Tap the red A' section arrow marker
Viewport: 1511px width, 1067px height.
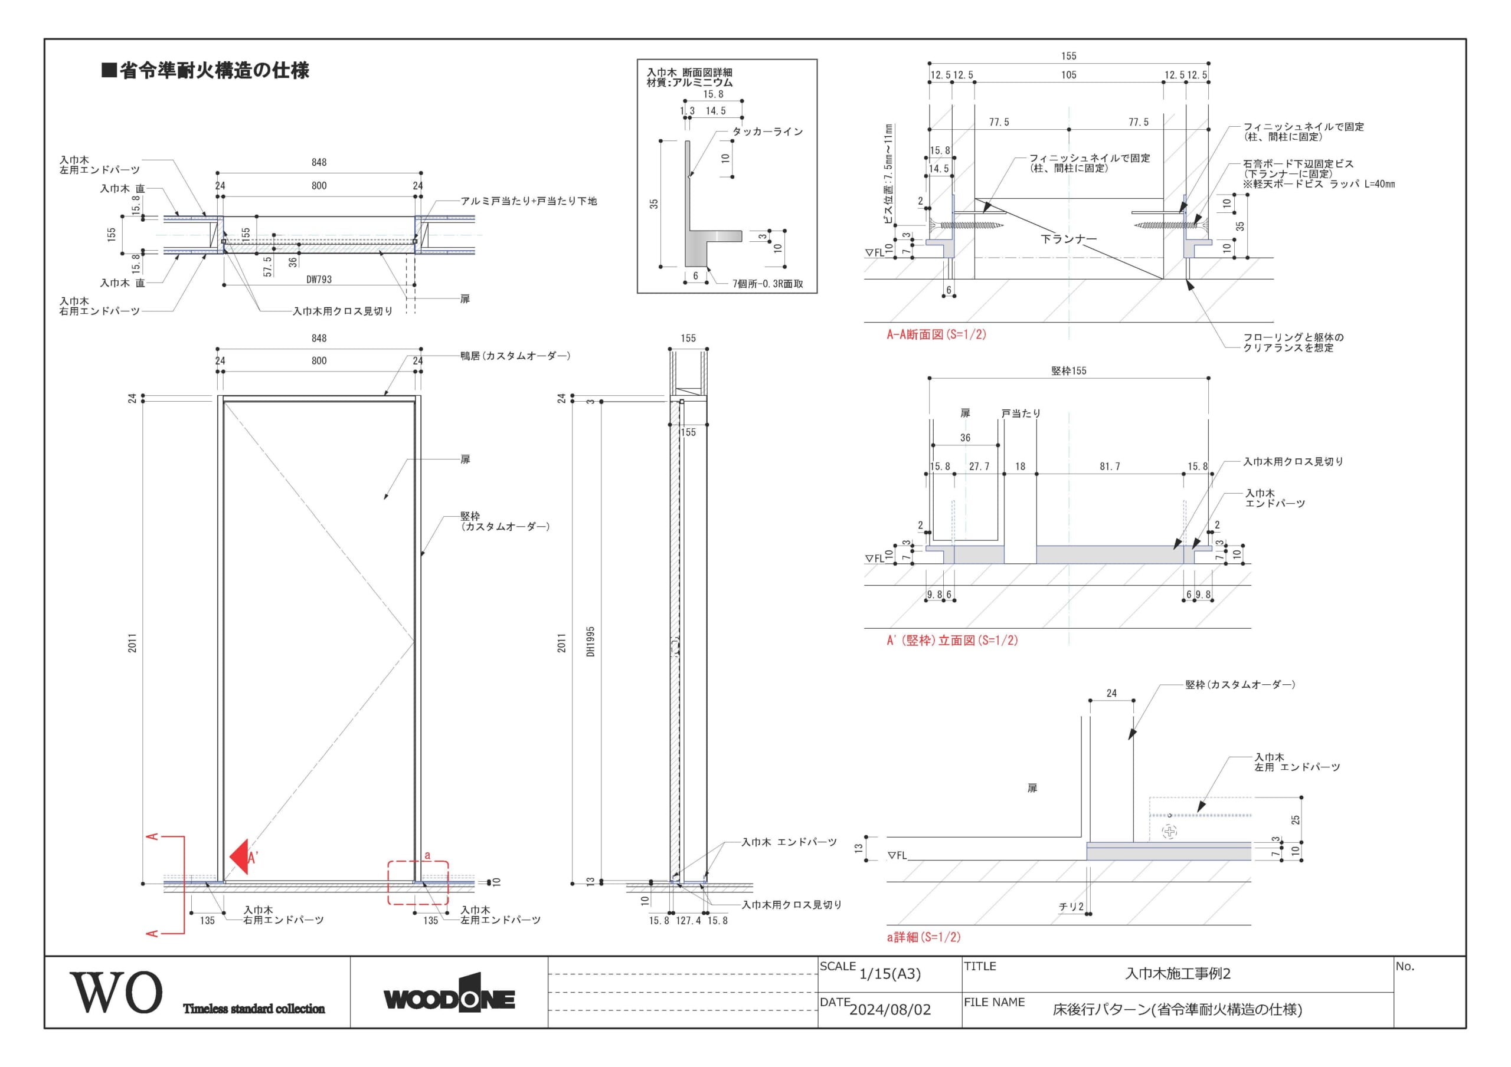(240, 856)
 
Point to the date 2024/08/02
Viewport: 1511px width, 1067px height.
(889, 1010)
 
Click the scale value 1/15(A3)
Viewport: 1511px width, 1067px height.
(889, 974)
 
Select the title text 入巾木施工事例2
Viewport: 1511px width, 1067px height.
(1178, 974)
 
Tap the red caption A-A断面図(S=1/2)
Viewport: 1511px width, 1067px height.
(937, 334)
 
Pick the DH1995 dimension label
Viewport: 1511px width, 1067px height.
(590, 641)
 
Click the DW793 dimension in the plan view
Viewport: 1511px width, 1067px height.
(319, 280)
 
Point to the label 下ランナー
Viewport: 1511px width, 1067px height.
(1068, 239)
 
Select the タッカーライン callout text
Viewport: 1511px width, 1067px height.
(768, 132)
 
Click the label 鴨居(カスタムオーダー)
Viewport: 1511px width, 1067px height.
(515, 356)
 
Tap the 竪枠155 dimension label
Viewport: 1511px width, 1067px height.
(1069, 371)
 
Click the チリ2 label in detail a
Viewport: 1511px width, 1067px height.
(1071, 907)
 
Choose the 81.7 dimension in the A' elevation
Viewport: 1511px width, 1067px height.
(1110, 467)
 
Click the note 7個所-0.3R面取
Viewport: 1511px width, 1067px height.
(768, 284)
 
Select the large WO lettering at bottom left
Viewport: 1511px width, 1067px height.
(116, 992)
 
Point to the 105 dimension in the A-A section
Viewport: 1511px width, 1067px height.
(1069, 75)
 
